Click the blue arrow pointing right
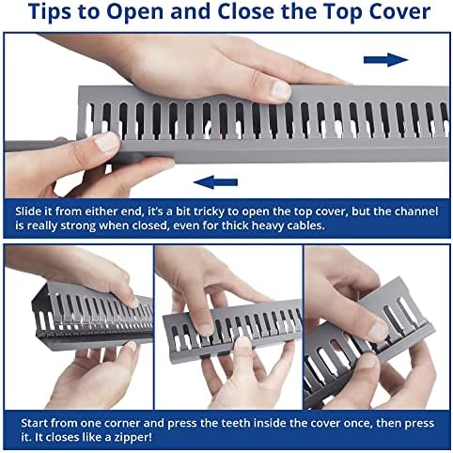(385, 59)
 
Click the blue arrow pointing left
(216, 182)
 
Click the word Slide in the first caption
(28, 211)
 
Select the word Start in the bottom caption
(34, 423)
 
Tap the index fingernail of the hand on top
(281, 89)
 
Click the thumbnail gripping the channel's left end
(106, 142)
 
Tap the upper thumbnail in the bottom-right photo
(379, 332)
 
